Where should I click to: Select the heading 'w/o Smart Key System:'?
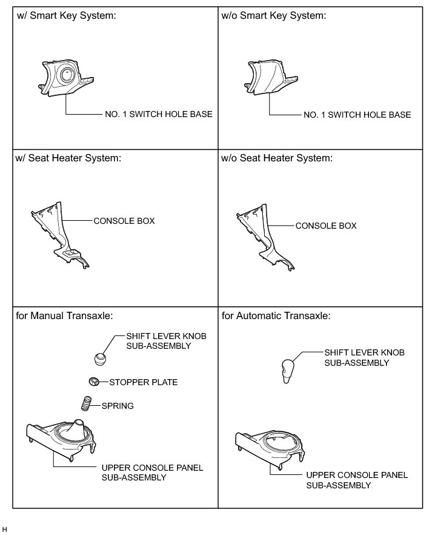pos(274,16)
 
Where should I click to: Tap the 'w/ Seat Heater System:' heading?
pos(68,158)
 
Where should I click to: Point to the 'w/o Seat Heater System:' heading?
pos(277,158)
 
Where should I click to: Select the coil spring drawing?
pos(87,403)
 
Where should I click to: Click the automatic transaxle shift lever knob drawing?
pos(289,370)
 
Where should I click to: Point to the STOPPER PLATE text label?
pos(143,382)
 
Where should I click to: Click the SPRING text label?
pos(118,405)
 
